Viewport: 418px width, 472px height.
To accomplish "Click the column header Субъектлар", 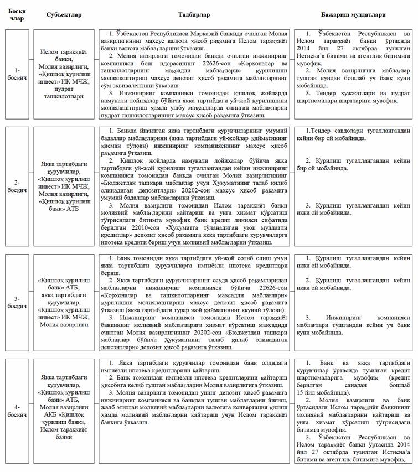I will click(64, 14).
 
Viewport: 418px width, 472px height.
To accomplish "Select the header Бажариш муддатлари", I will click(353, 14).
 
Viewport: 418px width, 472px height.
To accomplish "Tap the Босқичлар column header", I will click(17, 14).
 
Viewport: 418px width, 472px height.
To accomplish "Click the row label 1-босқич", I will click(17, 75).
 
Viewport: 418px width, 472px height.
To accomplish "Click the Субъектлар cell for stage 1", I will click(64, 75).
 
